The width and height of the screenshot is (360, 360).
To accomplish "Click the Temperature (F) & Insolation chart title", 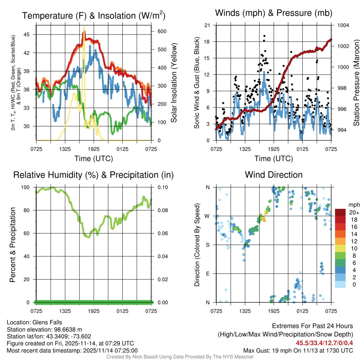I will (x=94, y=15).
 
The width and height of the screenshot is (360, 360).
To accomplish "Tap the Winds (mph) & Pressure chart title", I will (x=274, y=13).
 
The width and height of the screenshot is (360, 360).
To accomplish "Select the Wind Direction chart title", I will (x=274, y=175).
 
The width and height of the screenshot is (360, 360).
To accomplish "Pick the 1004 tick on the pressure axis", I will (x=343, y=25).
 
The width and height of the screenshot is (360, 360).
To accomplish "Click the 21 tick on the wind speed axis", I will (x=207, y=25).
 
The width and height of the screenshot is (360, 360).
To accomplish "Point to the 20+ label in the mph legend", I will (x=354, y=212).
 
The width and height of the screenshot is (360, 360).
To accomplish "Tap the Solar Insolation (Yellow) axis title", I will (x=174, y=83).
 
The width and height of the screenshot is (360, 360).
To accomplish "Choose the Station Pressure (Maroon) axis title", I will (x=356, y=83).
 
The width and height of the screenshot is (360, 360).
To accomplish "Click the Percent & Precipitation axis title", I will (x=13, y=245).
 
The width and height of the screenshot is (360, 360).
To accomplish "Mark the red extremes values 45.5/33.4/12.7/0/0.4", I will (x=324, y=343).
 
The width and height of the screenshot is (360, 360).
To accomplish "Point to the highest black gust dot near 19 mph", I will (x=264, y=36).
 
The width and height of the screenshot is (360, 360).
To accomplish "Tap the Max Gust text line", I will (x=298, y=351).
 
